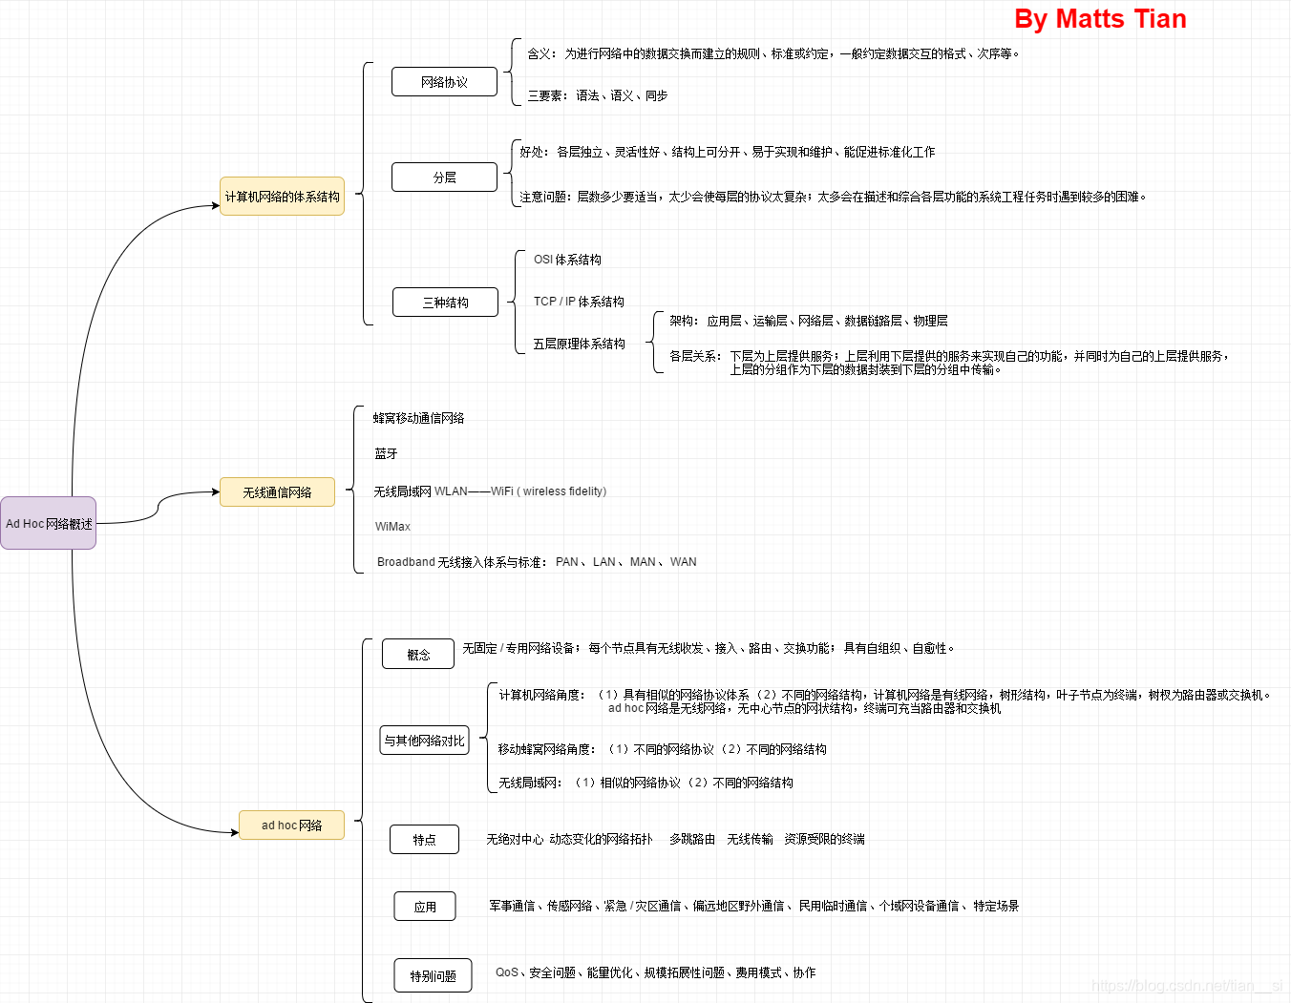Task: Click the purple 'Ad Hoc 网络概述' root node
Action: tap(49, 523)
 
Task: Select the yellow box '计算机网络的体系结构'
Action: tap(282, 197)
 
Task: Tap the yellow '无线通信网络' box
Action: tap(277, 492)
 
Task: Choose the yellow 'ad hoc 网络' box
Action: tap(291, 825)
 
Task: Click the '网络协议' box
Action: tap(444, 82)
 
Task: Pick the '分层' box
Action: tap(444, 178)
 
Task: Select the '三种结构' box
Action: tap(445, 303)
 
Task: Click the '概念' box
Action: tap(418, 655)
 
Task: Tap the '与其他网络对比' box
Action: tap(424, 741)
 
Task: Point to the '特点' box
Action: tap(424, 840)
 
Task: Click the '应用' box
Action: tap(425, 907)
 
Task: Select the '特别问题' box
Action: tap(433, 976)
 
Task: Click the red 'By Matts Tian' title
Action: tap(1100, 19)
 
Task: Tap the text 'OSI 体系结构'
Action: tap(567, 260)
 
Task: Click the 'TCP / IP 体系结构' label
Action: tap(579, 302)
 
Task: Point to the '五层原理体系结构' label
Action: tap(579, 344)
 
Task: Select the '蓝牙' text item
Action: tap(386, 454)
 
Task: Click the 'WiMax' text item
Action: tap(392, 527)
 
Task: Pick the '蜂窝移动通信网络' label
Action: tap(418, 418)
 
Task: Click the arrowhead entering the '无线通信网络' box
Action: tap(216, 492)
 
